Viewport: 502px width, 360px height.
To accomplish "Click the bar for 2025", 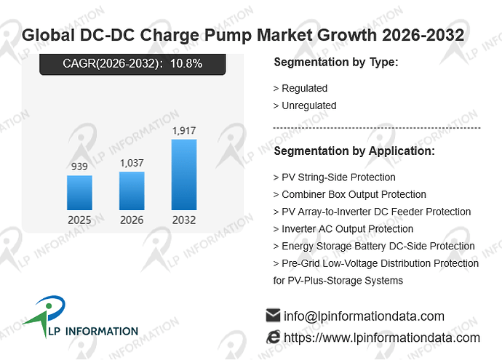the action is tap(79, 193).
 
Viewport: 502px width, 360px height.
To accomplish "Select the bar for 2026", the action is tap(132, 191).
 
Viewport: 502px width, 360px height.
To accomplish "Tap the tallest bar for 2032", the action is tap(184, 175).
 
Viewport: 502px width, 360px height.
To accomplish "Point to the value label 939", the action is tap(79, 167).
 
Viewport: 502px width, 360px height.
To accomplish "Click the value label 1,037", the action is tap(132, 163).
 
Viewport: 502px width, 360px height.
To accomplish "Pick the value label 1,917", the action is tap(184, 131).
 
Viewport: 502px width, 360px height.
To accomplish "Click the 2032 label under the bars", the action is tap(184, 220).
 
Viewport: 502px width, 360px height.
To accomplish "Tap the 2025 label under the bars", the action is tap(79, 220).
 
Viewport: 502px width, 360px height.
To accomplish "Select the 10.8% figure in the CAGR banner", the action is tap(186, 63).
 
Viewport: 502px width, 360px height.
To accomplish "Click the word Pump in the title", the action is tap(228, 35).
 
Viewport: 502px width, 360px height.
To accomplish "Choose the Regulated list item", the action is tap(300, 88).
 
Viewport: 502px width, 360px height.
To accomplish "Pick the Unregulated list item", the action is tap(305, 105).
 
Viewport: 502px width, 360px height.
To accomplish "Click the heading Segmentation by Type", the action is tap(336, 62).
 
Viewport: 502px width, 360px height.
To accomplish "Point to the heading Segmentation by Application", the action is tap(354, 151).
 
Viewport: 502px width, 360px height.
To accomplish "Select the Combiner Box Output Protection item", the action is tap(350, 195).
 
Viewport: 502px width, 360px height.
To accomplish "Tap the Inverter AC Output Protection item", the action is tap(343, 229).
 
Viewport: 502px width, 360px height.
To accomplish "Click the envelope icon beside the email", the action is tap(273, 316).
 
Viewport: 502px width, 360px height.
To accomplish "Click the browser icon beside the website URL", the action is tap(273, 337).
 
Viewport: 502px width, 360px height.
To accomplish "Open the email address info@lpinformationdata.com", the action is tap(364, 316).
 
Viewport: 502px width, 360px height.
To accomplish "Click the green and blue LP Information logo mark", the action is tap(47, 315).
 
